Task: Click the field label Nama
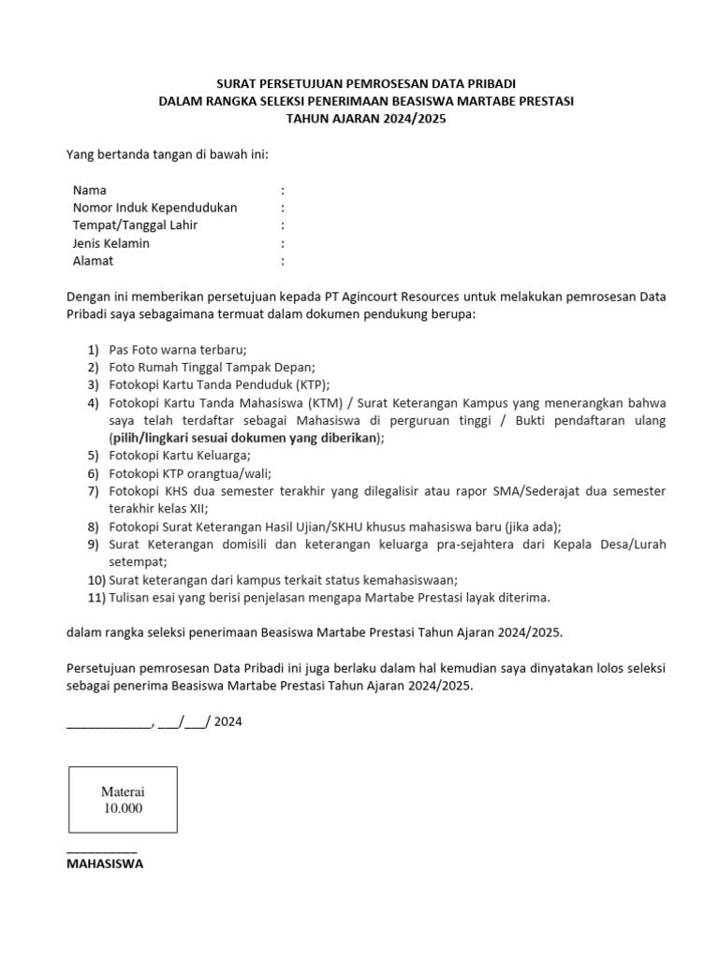(x=90, y=190)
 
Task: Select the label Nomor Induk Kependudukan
(x=154, y=208)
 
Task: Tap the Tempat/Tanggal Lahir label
(x=135, y=225)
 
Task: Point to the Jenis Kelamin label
(x=110, y=243)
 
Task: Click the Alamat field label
(x=93, y=261)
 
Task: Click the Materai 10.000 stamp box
(x=123, y=800)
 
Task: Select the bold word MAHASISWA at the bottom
(x=105, y=864)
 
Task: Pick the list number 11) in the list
(x=94, y=597)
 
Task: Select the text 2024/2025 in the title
(x=416, y=119)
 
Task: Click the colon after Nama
(x=282, y=190)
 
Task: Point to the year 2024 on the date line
(x=228, y=721)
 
